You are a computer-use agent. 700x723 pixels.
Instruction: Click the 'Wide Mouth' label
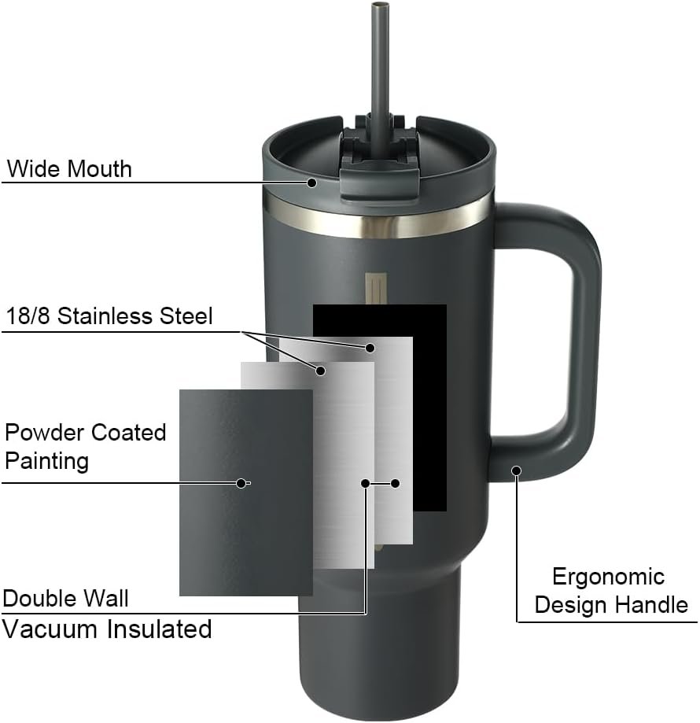69,168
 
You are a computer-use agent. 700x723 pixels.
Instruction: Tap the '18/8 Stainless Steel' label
109,316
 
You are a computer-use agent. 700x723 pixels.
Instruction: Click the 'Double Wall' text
66,598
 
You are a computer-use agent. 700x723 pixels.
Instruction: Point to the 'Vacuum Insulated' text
108,629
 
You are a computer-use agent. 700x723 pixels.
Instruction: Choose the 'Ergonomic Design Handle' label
610,590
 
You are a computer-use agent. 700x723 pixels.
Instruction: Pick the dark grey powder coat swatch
245,492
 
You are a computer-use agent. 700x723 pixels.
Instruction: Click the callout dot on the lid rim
312,183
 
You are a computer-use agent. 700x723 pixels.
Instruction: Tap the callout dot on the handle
517,470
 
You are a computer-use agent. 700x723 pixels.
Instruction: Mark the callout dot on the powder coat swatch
241,482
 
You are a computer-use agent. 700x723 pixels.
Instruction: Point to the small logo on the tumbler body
373,288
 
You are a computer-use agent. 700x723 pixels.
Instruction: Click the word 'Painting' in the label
46,460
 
